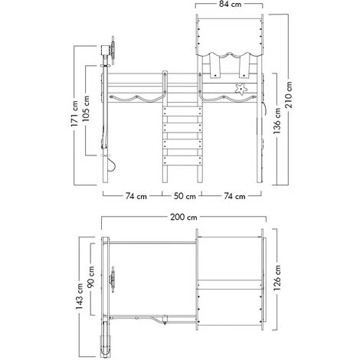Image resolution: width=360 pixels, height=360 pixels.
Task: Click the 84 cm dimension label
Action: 230,5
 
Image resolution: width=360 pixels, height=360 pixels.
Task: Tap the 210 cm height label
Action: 289,95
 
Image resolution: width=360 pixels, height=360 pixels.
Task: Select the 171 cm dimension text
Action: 75,114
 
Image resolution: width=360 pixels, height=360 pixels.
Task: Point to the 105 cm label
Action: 86,109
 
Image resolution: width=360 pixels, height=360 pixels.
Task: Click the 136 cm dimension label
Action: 277,121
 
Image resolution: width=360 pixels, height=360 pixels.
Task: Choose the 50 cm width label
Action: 185,196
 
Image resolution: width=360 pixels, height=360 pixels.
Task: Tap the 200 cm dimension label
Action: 184,217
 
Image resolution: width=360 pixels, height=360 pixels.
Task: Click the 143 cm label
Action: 80,296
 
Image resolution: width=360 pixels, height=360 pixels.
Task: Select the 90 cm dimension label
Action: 90,277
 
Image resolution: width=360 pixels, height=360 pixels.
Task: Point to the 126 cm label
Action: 277,278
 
